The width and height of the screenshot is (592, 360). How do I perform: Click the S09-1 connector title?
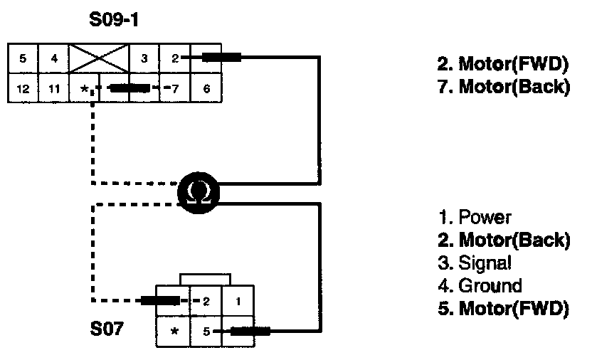point(114,19)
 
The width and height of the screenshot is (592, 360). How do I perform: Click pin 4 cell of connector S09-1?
point(53,58)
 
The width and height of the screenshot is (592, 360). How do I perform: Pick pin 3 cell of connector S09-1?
point(144,58)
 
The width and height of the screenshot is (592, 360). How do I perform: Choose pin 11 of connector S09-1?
point(53,89)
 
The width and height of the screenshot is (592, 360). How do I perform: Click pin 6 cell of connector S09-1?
point(206,89)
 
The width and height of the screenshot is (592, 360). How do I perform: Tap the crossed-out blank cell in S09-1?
point(99,58)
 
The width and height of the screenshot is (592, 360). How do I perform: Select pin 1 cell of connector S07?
point(237,301)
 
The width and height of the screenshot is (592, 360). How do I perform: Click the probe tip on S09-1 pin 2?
point(221,58)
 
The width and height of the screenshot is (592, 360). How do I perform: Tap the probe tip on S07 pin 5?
point(250,331)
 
